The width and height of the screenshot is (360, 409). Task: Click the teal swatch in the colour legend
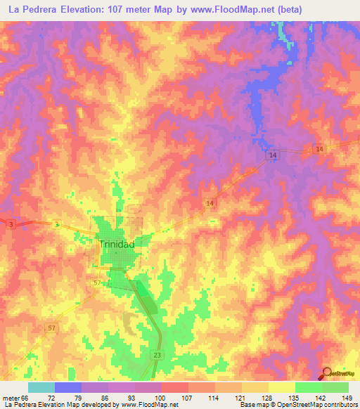(41, 387)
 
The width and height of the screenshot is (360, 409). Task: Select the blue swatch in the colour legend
(67, 387)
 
